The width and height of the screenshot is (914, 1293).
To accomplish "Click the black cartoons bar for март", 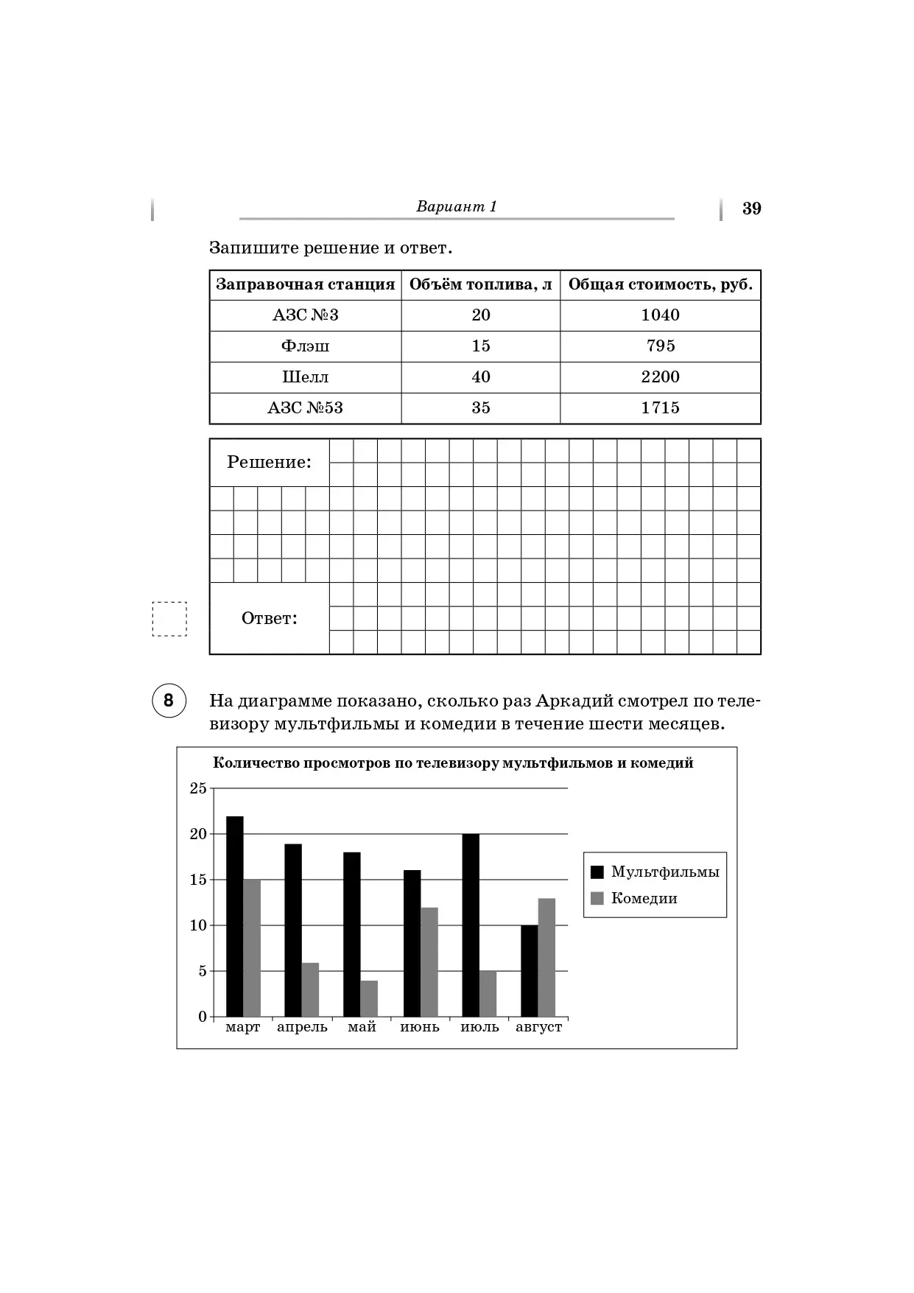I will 234,917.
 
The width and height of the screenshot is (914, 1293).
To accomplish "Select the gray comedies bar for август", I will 546,957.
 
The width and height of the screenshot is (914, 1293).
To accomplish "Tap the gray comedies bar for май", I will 369,998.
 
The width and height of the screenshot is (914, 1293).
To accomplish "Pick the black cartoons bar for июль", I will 471,925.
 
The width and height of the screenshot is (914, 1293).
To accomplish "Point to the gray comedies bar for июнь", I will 429,961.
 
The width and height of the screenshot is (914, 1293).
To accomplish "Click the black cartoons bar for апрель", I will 293,930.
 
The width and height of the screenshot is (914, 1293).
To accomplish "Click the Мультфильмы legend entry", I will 655,872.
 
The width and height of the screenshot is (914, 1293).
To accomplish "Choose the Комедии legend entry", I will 634,899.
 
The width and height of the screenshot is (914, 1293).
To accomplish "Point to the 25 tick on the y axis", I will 198,788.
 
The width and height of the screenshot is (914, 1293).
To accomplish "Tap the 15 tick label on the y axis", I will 198,880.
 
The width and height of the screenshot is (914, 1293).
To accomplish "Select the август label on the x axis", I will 538,1027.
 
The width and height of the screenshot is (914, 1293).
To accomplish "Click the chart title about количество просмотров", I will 453,763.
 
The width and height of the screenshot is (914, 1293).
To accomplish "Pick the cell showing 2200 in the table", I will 660,377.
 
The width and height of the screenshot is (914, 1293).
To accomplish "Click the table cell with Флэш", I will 305,346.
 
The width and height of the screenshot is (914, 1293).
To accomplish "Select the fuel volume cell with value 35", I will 480,408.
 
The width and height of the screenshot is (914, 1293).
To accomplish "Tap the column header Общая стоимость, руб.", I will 660,285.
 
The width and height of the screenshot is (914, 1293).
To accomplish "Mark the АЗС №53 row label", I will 305,408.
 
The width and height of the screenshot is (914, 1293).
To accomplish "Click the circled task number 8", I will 169,700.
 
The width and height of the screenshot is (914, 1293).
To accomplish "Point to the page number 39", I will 751,209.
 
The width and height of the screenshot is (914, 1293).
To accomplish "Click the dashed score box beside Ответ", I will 169,619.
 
